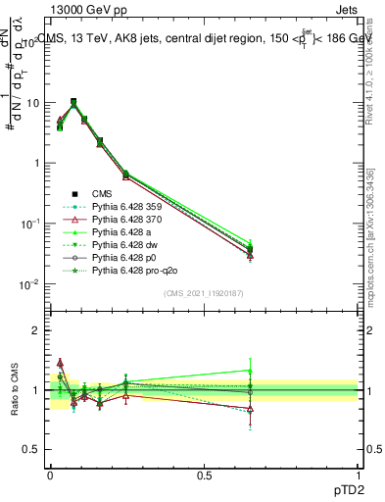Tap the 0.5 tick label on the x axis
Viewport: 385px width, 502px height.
[x=204, y=473]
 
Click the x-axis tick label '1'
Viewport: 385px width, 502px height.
[x=359, y=473]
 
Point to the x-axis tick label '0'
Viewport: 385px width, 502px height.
[x=50, y=473]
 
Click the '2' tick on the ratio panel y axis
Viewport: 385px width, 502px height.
[x=37, y=330]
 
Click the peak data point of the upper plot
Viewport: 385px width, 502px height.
[x=73, y=101]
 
